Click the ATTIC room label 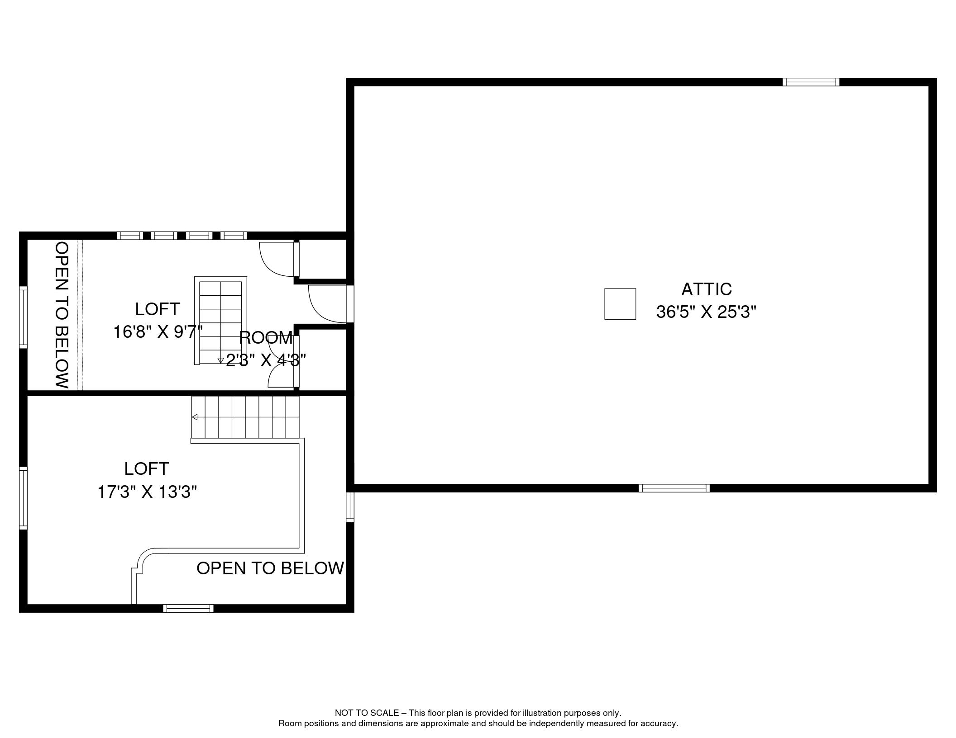pos(707,289)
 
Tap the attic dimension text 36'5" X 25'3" pos(707,312)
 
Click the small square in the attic pos(620,304)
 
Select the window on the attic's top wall pos(811,82)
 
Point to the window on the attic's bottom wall pos(674,488)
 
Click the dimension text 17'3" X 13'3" pos(148,492)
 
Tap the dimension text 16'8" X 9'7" pos(158,332)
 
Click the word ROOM pos(266,338)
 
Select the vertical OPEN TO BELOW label pos(62,315)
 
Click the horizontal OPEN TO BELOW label pos(270,568)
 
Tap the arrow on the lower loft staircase pos(195,417)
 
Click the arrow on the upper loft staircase pos(221,360)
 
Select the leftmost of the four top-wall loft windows pos(130,236)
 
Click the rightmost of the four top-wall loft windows pos(234,236)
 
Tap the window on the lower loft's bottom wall pos(188,609)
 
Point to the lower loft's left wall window pos(23,498)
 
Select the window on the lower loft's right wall pos(350,507)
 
